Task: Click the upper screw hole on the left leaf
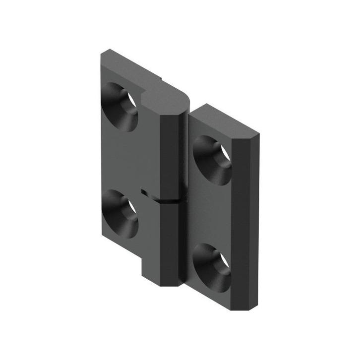coord(120,107)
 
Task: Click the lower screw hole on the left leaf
coord(120,214)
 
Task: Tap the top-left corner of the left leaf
coord(104,52)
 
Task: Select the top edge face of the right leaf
coord(223,119)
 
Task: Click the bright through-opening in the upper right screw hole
coord(225,153)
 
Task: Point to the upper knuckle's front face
coord(172,154)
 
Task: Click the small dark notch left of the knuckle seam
coord(145,191)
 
